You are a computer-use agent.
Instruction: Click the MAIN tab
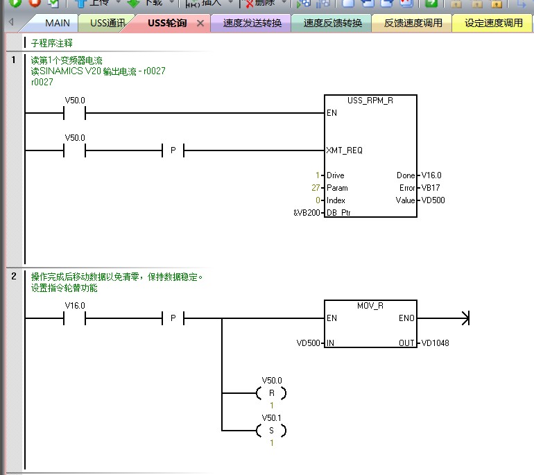tap(57, 23)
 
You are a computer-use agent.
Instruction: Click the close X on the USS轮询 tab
tap(200, 23)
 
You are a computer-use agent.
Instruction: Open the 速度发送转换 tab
tap(252, 23)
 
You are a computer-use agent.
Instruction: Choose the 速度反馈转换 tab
tap(333, 23)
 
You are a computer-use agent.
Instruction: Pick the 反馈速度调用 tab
tap(413, 23)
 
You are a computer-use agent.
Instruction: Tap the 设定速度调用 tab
tap(494, 23)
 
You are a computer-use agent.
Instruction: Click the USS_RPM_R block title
tap(370, 101)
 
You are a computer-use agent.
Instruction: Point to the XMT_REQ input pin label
tap(344, 150)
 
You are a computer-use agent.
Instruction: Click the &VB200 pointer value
tap(307, 213)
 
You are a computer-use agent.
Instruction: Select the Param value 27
tap(316, 188)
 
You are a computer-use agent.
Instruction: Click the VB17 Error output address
tap(431, 188)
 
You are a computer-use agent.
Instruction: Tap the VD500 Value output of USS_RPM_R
tap(433, 200)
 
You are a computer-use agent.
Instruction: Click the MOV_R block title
tap(370, 306)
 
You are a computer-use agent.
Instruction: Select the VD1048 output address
tap(435, 343)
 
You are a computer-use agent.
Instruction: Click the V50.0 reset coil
tap(271, 393)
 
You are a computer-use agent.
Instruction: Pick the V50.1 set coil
tap(271, 431)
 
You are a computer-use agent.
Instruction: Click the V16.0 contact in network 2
tap(75, 318)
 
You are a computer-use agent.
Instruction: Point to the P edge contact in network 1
tap(173, 150)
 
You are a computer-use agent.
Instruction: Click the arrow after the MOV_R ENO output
tap(465, 318)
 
